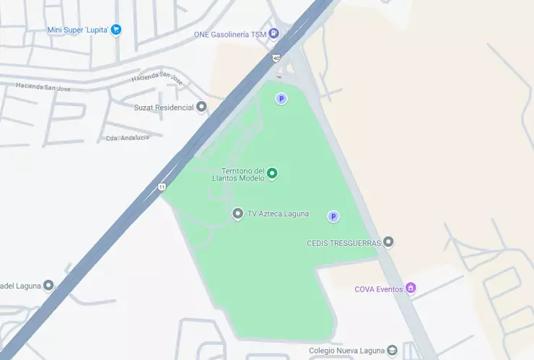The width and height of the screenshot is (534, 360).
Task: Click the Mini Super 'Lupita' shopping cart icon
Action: point(116,30)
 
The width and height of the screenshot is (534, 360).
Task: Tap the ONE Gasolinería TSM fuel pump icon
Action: point(274,34)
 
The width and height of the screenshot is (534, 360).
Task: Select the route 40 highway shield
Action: point(276,58)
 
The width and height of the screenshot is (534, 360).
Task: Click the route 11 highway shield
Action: point(162,188)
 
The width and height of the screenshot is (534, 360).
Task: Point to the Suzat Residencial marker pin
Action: point(202,107)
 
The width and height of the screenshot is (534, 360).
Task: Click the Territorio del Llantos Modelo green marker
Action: point(272,173)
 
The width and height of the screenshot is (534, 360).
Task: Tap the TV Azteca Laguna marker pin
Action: point(237,214)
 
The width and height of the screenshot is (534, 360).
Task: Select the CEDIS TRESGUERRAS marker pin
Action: point(388,242)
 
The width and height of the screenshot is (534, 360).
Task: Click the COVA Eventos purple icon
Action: point(411,289)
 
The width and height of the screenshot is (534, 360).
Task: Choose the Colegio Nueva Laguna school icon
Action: point(392,351)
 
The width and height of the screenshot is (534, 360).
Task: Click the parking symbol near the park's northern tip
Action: point(281,99)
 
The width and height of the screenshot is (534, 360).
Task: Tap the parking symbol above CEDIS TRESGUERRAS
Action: point(333,216)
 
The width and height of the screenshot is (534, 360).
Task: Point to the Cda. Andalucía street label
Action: point(127,138)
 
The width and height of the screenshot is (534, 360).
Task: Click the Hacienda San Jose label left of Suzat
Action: point(43,87)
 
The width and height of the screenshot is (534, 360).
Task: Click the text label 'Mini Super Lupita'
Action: point(77,30)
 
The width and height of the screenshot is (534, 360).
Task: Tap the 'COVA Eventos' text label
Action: point(379,289)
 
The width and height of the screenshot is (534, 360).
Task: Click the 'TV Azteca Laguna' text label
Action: point(278,214)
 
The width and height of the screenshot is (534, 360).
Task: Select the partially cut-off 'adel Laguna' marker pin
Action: point(48,285)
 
